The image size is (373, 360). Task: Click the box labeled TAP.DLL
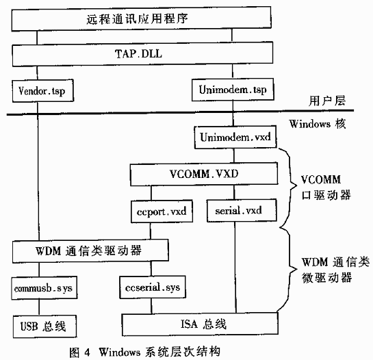pyautogui.click(x=142, y=54)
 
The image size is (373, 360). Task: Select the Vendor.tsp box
pyautogui.click(x=43, y=91)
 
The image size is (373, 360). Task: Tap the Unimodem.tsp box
pyautogui.click(x=233, y=90)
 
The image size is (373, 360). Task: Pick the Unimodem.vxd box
pyautogui.click(x=235, y=138)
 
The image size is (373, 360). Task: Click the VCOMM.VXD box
pyautogui.click(x=204, y=174)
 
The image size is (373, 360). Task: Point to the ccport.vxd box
pyautogui.click(x=162, y=211)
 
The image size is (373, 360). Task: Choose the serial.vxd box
pyautogui.click(x=242, y=211)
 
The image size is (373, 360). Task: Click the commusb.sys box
pyautogui.click(x=44, y=288)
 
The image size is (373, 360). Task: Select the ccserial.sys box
pyautogui.click(x=153, y=287)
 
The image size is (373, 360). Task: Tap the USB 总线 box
pyautogui.click(x=44, y=326)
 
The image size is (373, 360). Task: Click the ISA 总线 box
pyautogui.click(x=200, y=324)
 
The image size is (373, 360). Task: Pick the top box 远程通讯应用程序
pyautogui.click(x=141, y=18)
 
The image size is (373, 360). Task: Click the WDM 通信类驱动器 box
pyautogui.click(x=90, y=251)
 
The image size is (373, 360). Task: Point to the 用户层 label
pyautogui.click(x=327, y=101)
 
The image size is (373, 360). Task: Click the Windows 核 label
pyautogui.click(x=318, y=124)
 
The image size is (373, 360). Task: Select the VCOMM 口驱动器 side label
pyautogui.click(x=326, y=188)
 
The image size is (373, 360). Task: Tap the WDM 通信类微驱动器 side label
pyautogui.click(x=335, y=270)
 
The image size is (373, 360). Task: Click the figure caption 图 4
pyautogui.click(x=80, y=352)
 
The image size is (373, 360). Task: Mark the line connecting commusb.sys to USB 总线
pyautogui.click(x=39, y=307)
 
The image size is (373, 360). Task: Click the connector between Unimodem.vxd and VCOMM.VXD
pyautogui.click(x=234, y=156)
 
